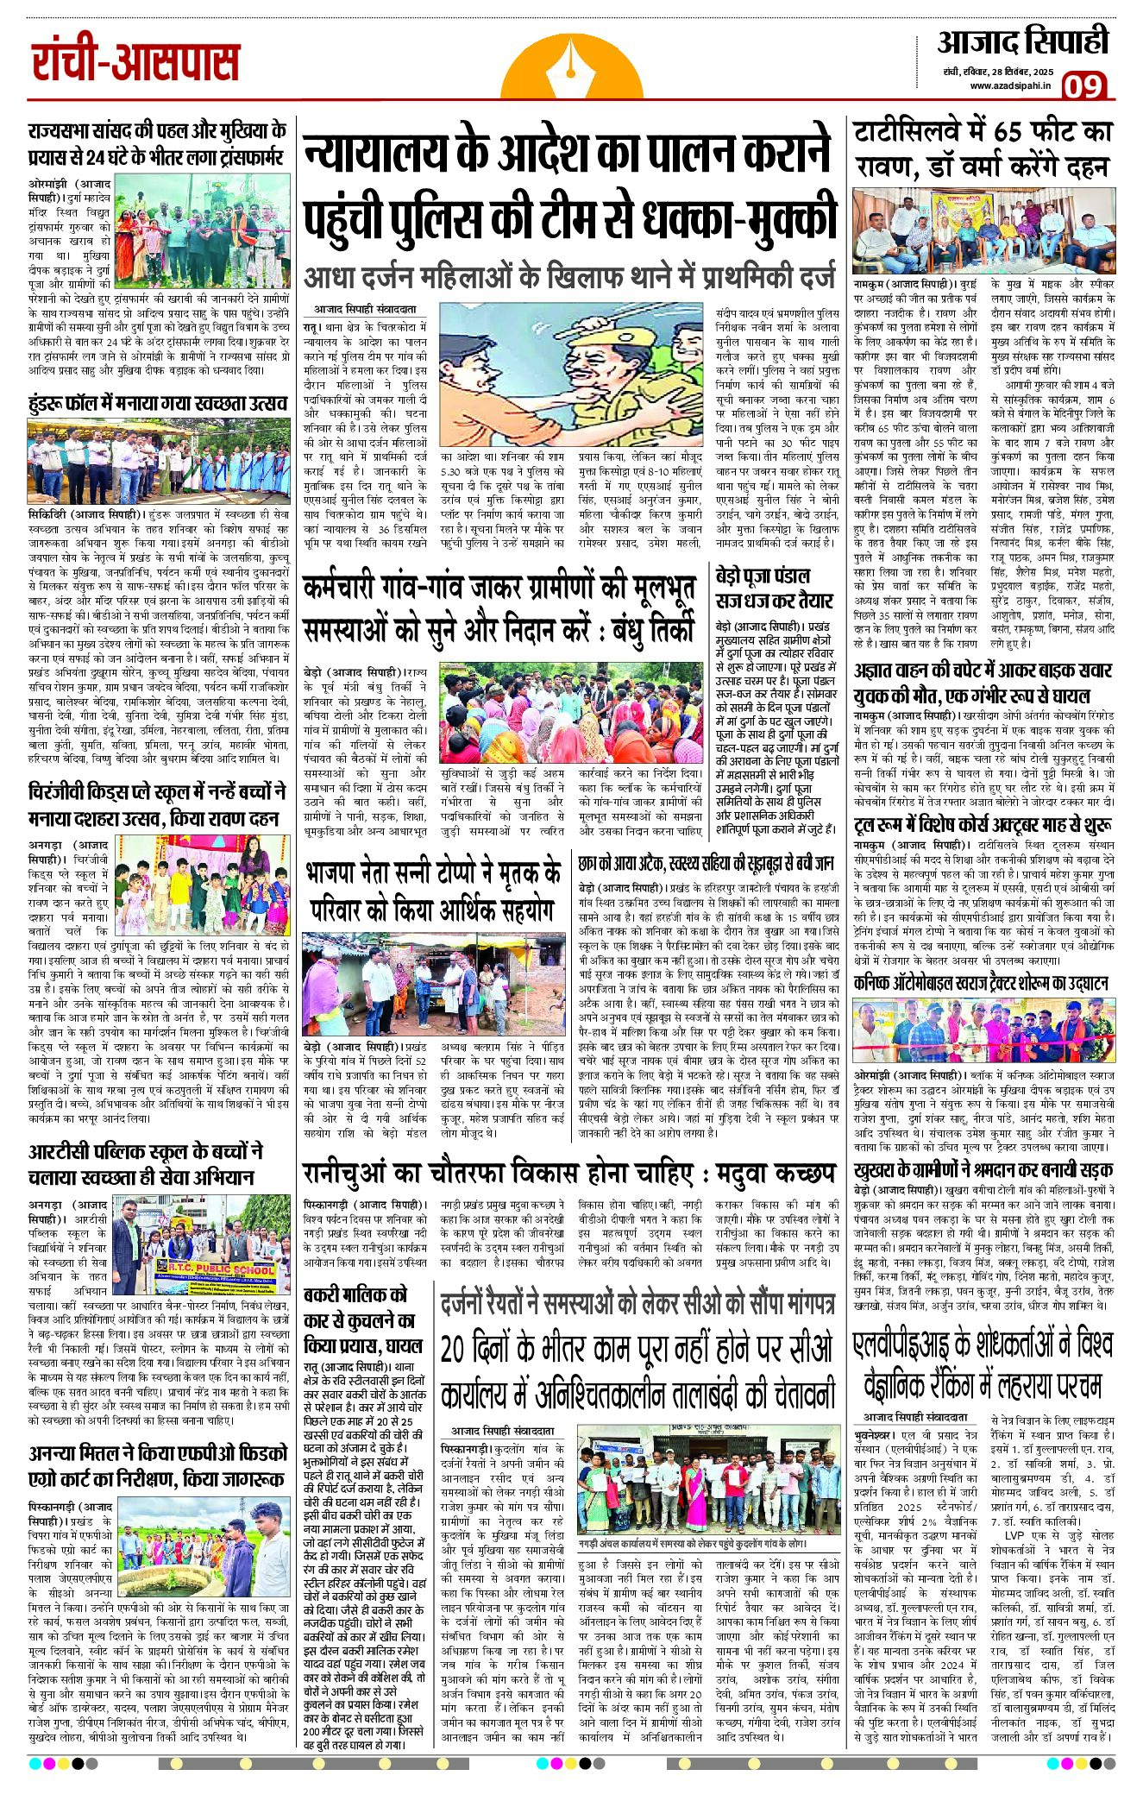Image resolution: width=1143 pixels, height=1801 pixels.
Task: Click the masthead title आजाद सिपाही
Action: coord(1023,42)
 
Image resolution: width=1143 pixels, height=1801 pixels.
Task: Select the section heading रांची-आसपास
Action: coord(135,62)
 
